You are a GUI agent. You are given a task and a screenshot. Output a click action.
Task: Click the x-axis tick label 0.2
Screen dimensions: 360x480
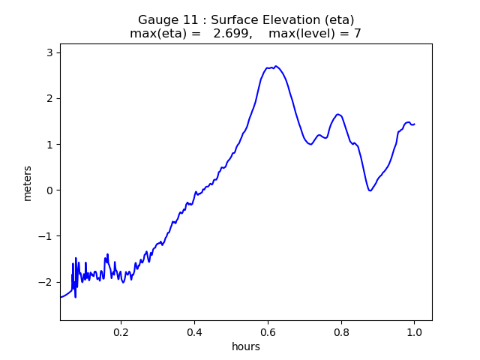[x=121, y=331]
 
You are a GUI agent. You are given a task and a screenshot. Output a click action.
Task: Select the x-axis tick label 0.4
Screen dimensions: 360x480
[x=194, y=331]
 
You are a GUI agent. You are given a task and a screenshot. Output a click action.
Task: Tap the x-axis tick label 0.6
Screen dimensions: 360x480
[x=268, y=331]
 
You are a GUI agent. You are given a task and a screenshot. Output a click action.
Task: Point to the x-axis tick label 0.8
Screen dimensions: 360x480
[x=341, y=331]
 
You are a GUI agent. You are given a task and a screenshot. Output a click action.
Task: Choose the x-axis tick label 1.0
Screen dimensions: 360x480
[x=414, y=331]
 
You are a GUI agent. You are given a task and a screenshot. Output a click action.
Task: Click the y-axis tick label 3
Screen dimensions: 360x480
[x=49, y=52]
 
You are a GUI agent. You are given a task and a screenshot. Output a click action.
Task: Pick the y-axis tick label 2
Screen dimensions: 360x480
[x=49, y=98]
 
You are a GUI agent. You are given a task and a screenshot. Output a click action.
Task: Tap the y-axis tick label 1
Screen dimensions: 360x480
[x=49, y=144]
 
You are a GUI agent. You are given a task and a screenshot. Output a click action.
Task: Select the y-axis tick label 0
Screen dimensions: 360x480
[x=49, y=190]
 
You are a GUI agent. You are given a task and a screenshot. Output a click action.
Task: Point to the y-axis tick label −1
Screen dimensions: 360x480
[x=46, y=236]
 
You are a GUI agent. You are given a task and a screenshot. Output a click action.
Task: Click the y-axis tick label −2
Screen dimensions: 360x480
[x=46, y=282]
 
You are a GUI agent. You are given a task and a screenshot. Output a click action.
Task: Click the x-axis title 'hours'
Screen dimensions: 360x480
[x=246, y=346]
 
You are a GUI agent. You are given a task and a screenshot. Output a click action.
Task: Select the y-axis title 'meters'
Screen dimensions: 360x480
[x=28, y=183]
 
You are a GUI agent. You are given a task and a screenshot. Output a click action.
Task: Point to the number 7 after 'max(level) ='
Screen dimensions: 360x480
[x=357, y=34]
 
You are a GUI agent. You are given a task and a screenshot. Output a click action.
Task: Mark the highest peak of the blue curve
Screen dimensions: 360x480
[x=276, y=66]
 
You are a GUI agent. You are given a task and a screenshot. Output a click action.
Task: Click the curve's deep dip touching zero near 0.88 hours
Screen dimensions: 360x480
[x=370, y=190]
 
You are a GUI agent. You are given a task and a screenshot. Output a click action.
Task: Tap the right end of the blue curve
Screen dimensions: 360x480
[x=414, y=124]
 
